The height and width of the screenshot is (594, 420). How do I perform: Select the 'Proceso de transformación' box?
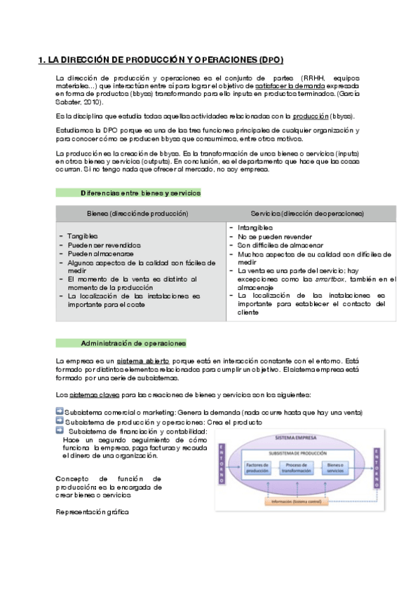click(304, 467)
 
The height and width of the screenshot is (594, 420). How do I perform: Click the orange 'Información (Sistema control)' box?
click(304, 502)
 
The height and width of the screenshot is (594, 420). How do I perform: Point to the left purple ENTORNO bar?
click(222, 464)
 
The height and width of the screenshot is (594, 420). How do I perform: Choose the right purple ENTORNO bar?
click(377, 466)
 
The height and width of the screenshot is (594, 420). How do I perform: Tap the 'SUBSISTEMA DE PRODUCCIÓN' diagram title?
click(304, 452)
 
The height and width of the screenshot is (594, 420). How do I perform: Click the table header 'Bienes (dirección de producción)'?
click(137, 213)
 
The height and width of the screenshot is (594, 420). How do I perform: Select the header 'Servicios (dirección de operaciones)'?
click(307, 213)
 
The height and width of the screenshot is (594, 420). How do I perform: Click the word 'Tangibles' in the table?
click(83, 236)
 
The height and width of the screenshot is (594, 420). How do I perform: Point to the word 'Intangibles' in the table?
click(255, 228)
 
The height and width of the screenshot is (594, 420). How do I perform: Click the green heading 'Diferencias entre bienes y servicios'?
click(140, 193)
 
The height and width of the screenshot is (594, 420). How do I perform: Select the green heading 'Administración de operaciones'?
click(133, 343)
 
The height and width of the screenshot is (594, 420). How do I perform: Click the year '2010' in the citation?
click(83, 102)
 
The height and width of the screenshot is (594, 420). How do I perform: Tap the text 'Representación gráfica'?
click(92, 512)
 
